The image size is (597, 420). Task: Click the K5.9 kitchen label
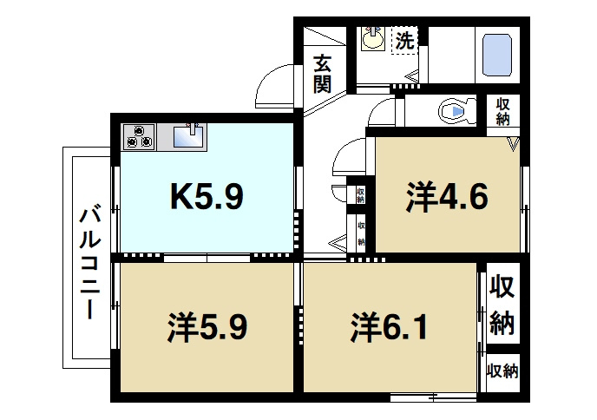(x=207, y=196)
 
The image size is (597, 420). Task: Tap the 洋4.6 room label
(x=447, y=197)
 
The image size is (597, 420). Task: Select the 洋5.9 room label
(x=207, y=326)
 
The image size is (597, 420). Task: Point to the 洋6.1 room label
(x=389, y=326)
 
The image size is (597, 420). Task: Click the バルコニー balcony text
(x=90, y=263)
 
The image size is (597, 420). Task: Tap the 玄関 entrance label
(x=322, y=75)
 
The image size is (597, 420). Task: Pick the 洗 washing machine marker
(x=404, y=40)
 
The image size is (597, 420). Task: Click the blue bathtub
(x=497, y=56)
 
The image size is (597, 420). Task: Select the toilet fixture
(x=457, y=111)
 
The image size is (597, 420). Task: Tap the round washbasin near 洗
(x=373, y=38)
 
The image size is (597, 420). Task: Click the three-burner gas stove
(x=139, y=137)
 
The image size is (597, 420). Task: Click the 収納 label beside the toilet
(x=502, y=111)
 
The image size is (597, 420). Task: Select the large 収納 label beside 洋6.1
(x=502, y=305)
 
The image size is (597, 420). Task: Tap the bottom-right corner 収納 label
(x=503, y=371)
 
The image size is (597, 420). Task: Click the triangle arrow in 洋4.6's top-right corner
(x=514, y=144)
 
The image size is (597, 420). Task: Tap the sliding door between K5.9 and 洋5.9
(x=207, y=259)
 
